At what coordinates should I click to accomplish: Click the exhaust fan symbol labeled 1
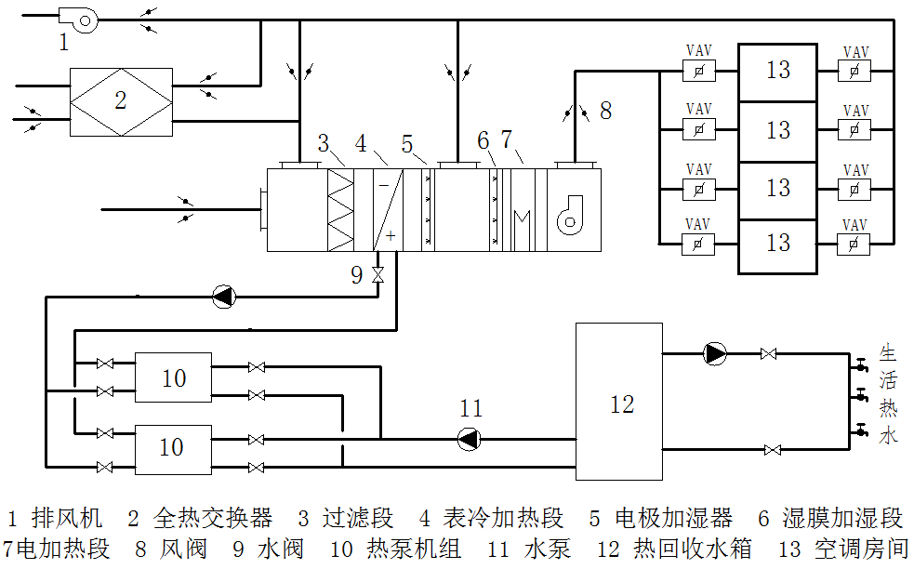[x=73, y=19]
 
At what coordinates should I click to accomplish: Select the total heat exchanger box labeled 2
[x=121, y=101]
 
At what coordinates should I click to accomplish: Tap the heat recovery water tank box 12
[x=618, y=402]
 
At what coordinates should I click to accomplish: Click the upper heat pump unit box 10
[x=173, y=377]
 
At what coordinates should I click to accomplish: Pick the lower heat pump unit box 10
[x=172, y=448]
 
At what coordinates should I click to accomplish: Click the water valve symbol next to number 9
[x=378, y=274]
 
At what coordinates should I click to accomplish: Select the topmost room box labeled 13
[x=777, y=71]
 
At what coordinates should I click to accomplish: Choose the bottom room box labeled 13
[x=777, y=244]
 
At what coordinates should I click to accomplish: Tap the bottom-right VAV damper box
[x=853, y=244]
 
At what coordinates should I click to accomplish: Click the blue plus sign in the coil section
[x=391, y=236]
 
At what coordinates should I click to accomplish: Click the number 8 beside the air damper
[x=605, y=111]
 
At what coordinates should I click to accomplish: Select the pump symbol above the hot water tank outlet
[x=714, y=353]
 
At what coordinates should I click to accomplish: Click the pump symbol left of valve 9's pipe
[x=224, y=297]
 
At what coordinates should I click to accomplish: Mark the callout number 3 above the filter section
[x=323, y=144]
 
